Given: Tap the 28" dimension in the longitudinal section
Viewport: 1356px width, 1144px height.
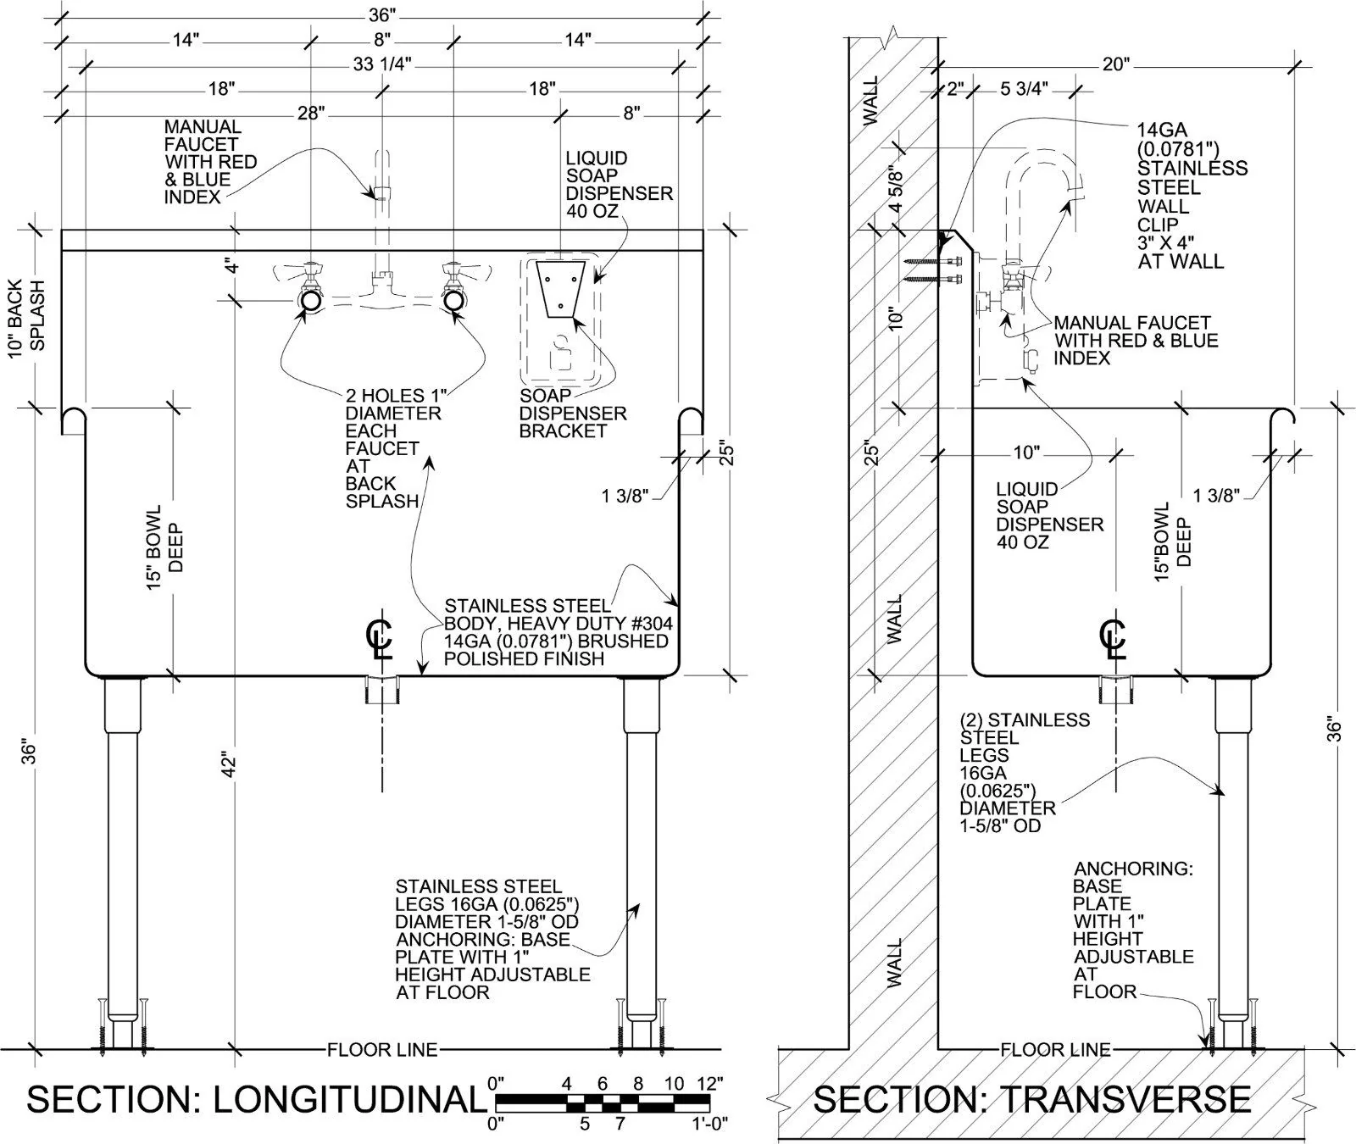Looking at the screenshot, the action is point(312,114).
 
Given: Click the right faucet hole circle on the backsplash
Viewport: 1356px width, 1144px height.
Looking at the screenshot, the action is point(453,301).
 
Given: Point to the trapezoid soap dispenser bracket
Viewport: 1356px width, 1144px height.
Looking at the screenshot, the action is point(560,289).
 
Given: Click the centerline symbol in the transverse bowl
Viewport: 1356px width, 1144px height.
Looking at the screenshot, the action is point(1113,640).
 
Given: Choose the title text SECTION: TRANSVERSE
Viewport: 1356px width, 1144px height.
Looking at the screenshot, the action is point(1032,1099).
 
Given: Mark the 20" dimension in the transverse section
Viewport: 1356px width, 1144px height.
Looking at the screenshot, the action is point(1116,65).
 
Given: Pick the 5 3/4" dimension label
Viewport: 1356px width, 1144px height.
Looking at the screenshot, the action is point(1025,89).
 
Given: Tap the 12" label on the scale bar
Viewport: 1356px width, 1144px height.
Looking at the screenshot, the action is point(709,1084).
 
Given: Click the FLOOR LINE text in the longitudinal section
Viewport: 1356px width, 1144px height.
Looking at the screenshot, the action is point(382,1051).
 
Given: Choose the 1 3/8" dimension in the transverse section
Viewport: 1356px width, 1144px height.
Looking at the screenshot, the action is point(1216,496).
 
